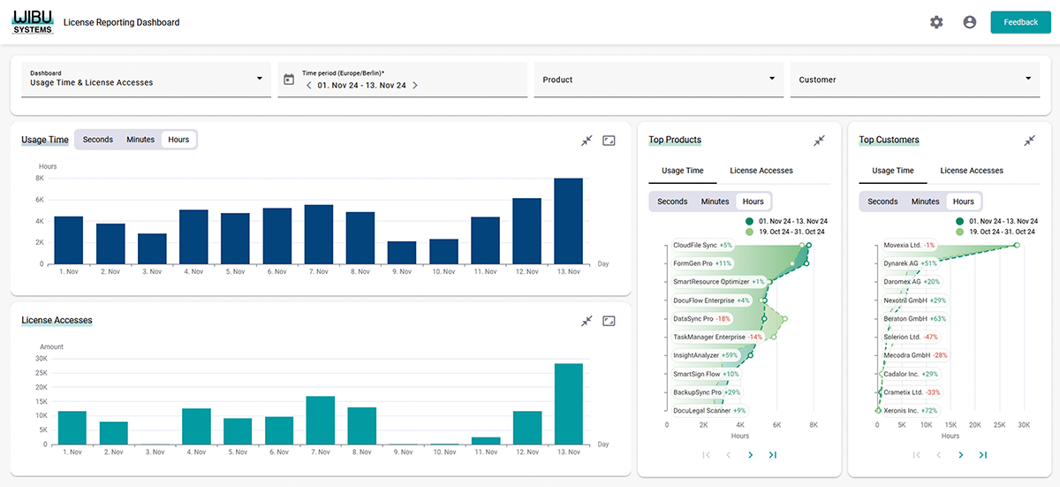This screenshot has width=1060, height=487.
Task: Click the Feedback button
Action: (x=1020, y=22)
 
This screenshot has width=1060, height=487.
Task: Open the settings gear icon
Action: (x=936, y=22)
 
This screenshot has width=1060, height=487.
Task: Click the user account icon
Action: (x=969, y=22)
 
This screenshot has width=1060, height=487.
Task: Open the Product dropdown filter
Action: (x=658, y=80)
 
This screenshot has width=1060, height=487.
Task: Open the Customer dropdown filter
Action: (x=914, y=80)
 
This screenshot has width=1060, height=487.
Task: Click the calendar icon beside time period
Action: (x=288, y=80)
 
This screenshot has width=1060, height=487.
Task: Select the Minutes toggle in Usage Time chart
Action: (x=140, y=140)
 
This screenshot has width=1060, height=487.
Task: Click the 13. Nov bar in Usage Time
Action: (x=568, y=221)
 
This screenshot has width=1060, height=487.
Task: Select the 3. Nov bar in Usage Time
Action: (x=152, y=248)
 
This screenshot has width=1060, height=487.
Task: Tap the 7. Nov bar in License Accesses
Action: (x=319, y=420)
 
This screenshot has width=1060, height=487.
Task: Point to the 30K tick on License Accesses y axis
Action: (x=41, y=359)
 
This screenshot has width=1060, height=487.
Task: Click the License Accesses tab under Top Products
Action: (x=761, y=171)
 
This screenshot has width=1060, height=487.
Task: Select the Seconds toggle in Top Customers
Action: (x=882, y=202)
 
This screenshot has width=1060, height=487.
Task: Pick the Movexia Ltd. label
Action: (x=903, y=245)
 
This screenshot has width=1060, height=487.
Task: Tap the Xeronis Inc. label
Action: (x=902, y=411)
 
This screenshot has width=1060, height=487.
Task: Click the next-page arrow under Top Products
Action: (x=750, y=455)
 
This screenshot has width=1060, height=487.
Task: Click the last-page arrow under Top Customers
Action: (x=982, y=455)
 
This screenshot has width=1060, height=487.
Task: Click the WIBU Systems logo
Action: (x=33, y=22)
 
